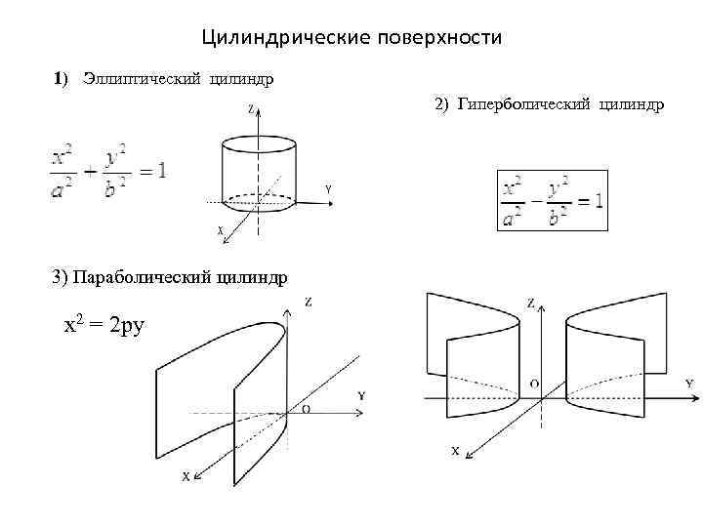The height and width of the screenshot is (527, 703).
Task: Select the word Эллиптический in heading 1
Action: [140, 78]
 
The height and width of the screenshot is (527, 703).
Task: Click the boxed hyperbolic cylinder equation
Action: [552, 200]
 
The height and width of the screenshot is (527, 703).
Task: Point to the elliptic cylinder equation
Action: [106, 173]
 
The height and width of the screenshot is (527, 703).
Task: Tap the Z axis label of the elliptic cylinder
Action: [251, 110]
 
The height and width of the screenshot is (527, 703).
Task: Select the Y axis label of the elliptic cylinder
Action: [328, 187]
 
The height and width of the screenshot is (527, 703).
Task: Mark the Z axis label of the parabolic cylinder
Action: [309, 302]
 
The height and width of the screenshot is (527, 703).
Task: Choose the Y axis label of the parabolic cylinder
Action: [361, 395]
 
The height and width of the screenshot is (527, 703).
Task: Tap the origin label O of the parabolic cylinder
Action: [307, 410]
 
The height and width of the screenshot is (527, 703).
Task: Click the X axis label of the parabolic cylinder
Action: [185, 476]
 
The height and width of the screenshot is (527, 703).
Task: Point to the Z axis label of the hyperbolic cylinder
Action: [530, 304]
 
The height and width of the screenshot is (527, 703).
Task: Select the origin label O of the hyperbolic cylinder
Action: [534, 384]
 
